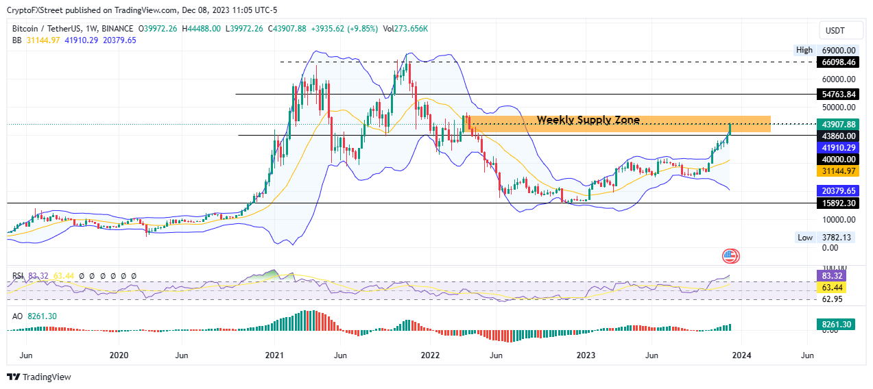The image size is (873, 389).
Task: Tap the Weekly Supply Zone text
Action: [588, 121]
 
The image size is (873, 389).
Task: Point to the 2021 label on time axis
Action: [274, 355]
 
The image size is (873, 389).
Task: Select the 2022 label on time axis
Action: [430, 355]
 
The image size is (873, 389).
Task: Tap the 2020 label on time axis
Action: [119, 355]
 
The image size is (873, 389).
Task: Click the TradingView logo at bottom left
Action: [39, 377]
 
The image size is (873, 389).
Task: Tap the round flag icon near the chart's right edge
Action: [730, 257]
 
